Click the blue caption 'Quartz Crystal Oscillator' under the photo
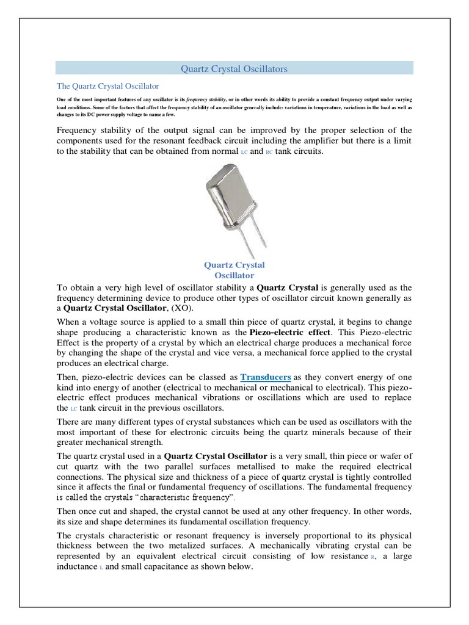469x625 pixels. [x=234, y=270]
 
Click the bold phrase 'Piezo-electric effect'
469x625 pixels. [x=290, y=332]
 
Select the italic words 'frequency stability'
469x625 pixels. [x=205, y=99]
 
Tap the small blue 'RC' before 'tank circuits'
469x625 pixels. [x=269, y=153]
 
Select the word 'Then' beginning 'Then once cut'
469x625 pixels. [x=67, y=511]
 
